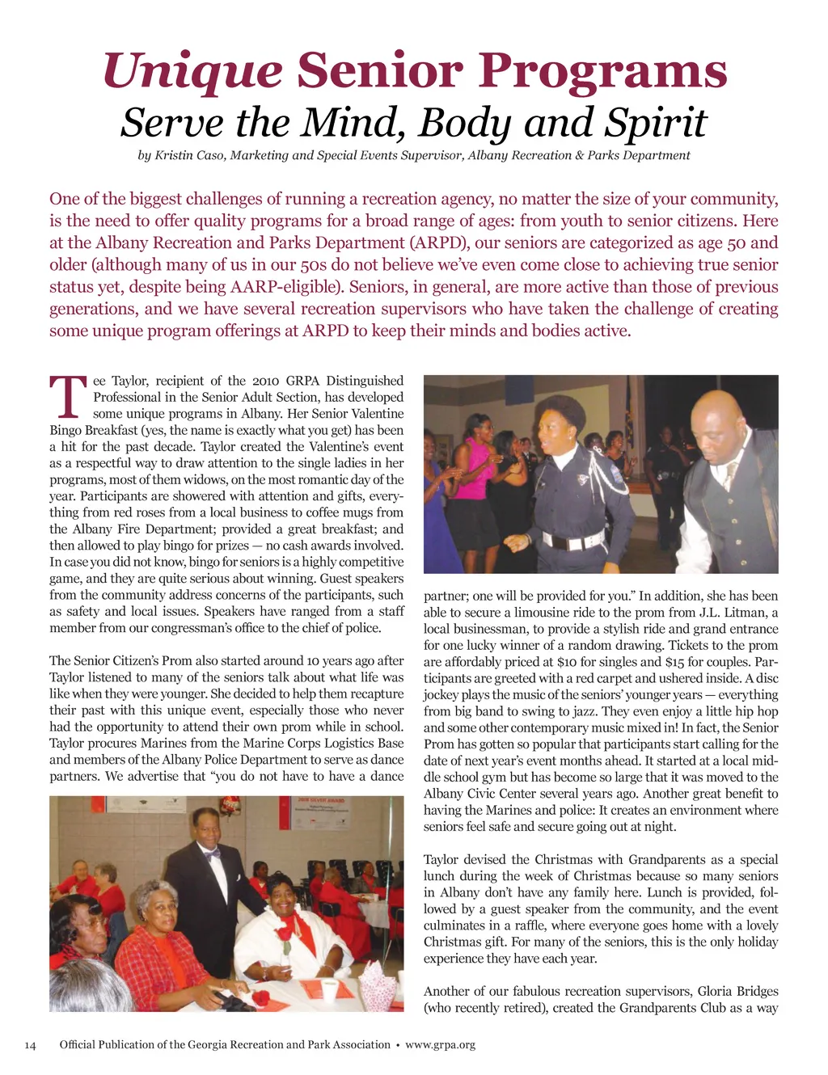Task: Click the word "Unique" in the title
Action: point(192,71)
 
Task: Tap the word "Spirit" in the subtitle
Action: point(657,123)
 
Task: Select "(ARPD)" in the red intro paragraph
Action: point(439,242)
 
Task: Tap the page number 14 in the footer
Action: point(31,1044)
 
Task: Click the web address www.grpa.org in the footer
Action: point(440,1044)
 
